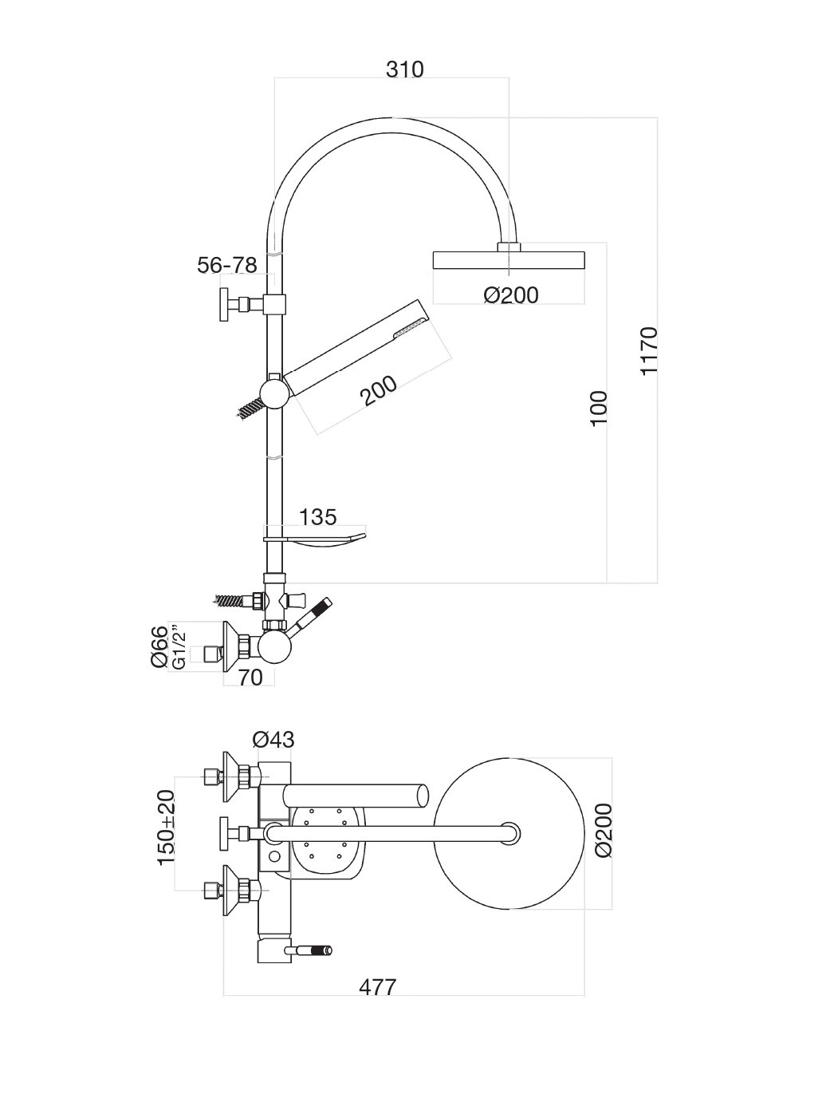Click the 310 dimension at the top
point(404,70)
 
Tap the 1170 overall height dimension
point(648,350)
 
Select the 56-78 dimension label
point(227,266)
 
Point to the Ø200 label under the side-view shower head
point(511,295)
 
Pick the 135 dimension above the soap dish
point(317,517)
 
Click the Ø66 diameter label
point(160,648)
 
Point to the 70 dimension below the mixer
point(250,678)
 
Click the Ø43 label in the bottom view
point(273,740)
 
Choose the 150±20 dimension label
point(166,828)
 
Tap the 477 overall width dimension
point(377,987)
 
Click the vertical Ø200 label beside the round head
point(603,830)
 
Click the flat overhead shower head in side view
point(509,261)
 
